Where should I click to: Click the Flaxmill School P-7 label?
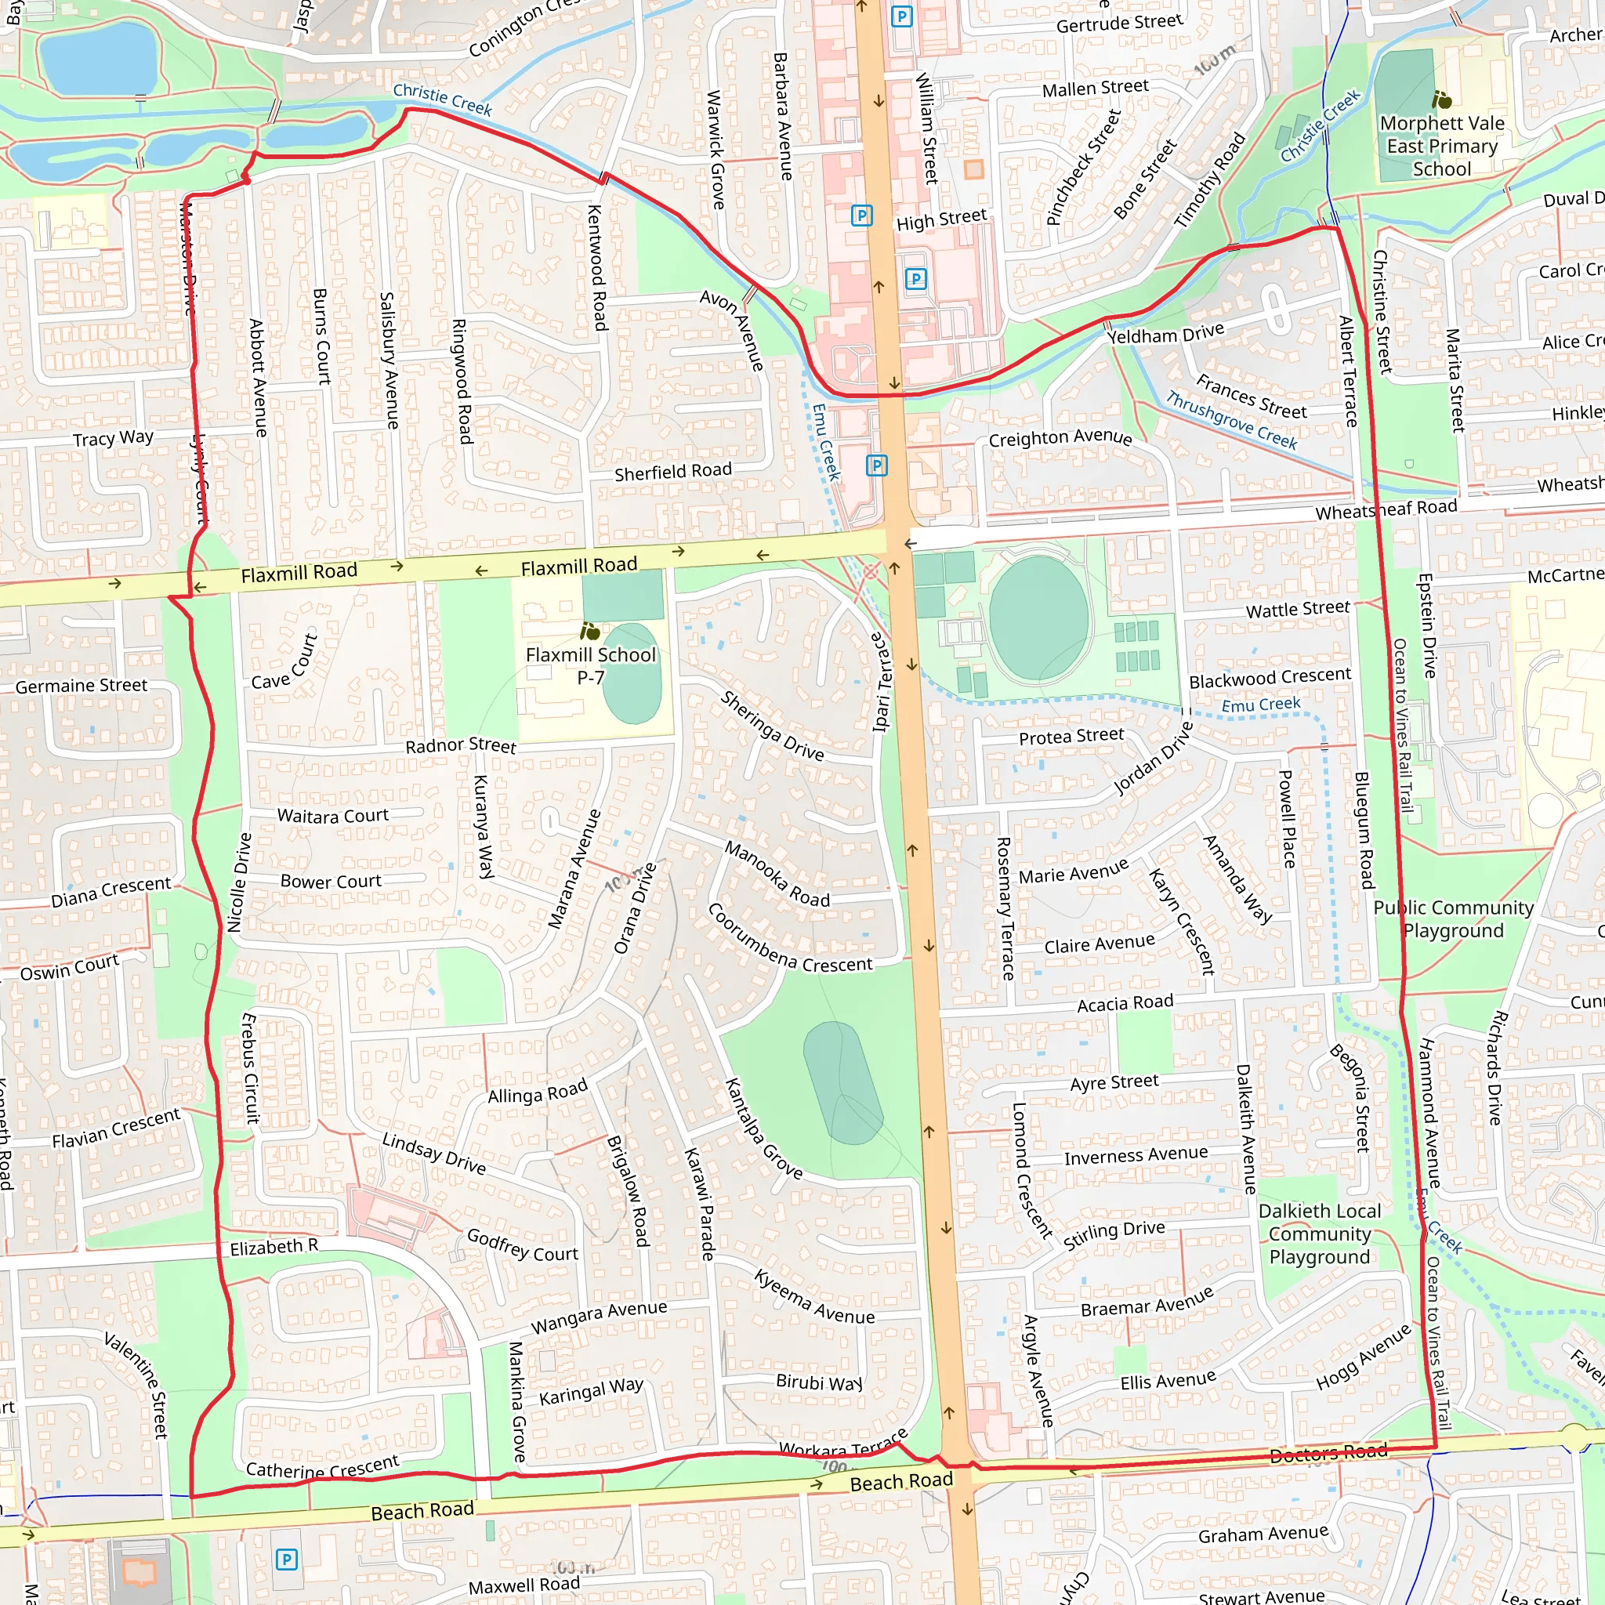591,665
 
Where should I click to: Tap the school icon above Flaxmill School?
590,632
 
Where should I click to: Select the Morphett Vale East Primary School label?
1442,147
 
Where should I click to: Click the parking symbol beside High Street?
861,216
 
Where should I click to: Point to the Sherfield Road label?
673,472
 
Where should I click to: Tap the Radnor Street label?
460,745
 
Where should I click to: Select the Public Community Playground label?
1453,918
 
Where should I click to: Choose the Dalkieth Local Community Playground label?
1319,1234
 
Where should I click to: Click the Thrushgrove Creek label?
1230,420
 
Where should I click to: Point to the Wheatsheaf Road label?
1386,509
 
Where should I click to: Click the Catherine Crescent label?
322,1467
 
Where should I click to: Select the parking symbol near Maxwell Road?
286,1560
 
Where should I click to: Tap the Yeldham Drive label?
1165,334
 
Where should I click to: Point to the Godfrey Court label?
522,1245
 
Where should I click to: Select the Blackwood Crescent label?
1270,678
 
